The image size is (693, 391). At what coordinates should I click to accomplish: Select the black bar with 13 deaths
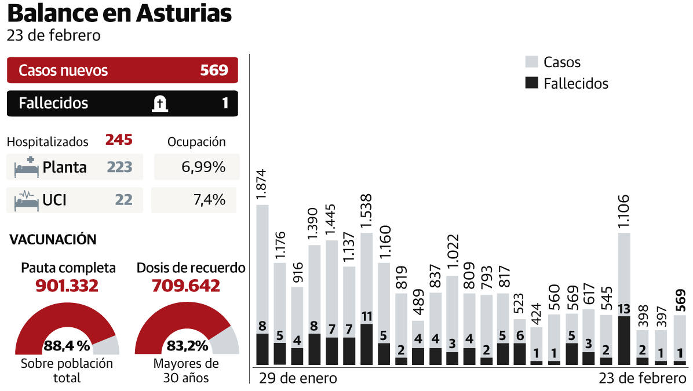[x=624, y=341]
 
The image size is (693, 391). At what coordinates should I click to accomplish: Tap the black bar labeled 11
[x=366, y=344]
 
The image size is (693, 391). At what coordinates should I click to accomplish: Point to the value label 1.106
[x=624, y=212]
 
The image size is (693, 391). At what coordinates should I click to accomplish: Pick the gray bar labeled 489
[x=418, y=334]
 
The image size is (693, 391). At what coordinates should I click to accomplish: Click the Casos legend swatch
[x=531, y=62]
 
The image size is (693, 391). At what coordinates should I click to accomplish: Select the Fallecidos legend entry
[x=575, y=83]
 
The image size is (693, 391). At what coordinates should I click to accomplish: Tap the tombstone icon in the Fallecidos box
[x=159, y=104]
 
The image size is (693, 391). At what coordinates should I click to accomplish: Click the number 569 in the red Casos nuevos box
[x=214, y=71]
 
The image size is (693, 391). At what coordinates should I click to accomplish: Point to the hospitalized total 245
[x=119, y=140]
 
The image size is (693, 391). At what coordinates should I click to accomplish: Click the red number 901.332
[x=67, y=286]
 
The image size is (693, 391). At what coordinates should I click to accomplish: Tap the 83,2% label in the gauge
[x=187, y=346]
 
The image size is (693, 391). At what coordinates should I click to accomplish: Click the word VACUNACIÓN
[x=53, y=239]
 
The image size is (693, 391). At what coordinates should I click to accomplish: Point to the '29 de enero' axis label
[x=298, y=379]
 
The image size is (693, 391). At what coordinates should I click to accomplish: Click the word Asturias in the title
[x=184, y=13]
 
